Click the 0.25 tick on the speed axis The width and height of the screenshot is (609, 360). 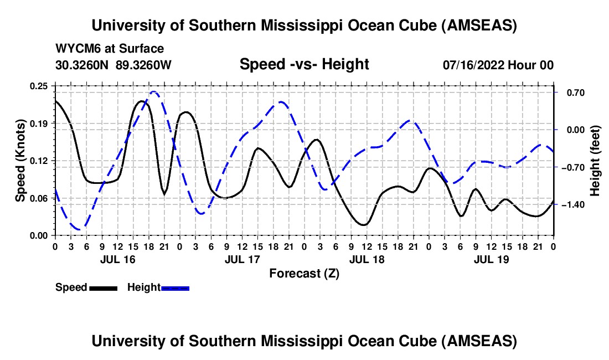39,85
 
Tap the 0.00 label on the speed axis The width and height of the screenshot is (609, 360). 39,235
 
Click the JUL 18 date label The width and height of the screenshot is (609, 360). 367,259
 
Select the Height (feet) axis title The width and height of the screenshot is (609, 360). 595,161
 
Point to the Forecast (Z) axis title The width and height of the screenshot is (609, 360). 304,273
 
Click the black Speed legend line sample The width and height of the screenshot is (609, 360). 103,287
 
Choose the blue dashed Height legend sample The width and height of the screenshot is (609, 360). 175,287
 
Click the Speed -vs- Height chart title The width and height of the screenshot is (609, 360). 304,64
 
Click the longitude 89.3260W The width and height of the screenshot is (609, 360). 144,65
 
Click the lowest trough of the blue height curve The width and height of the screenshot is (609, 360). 79,229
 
